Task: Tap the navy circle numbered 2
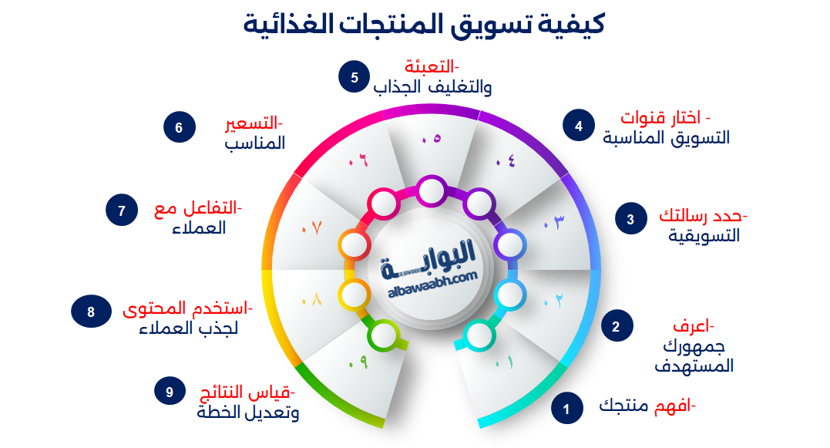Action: click(616, 326)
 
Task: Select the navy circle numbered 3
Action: click(630, 219)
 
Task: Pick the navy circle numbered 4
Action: click(579, 126)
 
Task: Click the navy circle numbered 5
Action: click(354, 78)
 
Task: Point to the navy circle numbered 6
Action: click(179, 127)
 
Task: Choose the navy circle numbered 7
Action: click(121, 211)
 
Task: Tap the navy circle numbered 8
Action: click(91, 312)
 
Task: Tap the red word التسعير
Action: click(254, 123)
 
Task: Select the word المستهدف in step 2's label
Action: click(694, 366)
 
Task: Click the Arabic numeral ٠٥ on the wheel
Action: click(430, 140)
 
